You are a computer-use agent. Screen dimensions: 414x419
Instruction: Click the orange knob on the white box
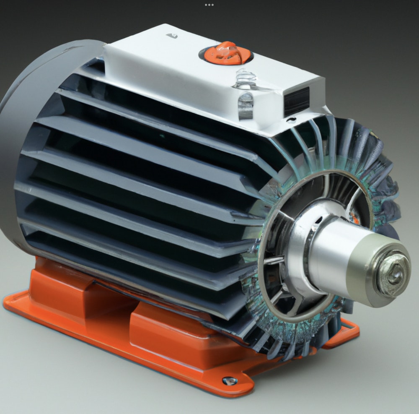226,53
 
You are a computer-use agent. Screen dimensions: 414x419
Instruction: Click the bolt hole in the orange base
228,380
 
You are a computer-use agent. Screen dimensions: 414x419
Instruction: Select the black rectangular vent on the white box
297,102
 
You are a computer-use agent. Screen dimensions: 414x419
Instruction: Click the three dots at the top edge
209,5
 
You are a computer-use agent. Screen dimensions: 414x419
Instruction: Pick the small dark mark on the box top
174,36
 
